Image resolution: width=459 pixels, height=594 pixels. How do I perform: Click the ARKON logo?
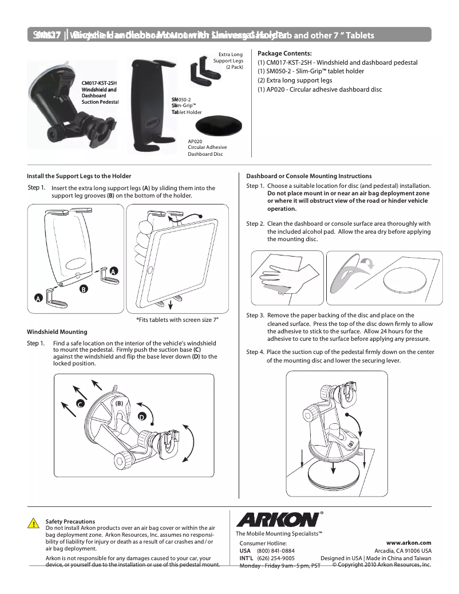[x=278, y=520]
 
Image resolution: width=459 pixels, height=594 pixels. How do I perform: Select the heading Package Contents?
[x=284, y=53]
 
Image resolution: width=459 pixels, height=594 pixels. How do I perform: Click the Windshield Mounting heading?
[x=57, y=332]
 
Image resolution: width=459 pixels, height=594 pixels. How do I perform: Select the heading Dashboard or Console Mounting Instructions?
[x=308, y=176]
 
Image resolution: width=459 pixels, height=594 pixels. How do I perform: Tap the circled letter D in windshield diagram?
[x=141, y=416]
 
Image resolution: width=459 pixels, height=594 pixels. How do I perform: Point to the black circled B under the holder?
[x=83, y=289]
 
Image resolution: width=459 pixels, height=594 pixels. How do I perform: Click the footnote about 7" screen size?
[x=177, y=319]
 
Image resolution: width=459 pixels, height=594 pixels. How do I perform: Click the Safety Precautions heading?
[x=70, y=521]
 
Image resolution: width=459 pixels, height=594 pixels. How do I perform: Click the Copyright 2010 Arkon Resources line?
[x=381, y=564]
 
